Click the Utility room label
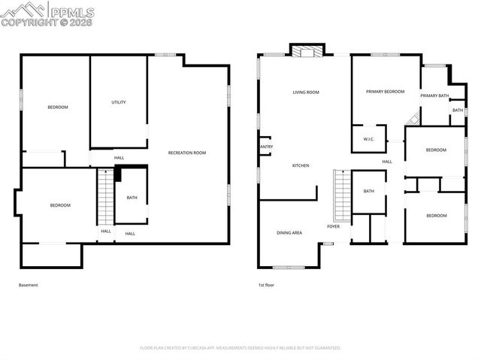coord(118,102)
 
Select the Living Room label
coord(306,92)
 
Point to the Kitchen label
coord(301,165)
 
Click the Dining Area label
coord(289,233)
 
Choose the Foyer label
coord(334,226)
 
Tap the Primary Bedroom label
coord(385,92)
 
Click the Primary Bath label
coord(434,95)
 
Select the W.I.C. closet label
coord(369,139)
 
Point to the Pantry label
coord(265,147)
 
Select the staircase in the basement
coord(105,197)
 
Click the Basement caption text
coord(28,285)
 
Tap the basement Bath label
coord(132,198)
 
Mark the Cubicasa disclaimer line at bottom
coord(240,348)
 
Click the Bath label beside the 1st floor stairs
coord(369,191)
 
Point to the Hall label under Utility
coord(119,158)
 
